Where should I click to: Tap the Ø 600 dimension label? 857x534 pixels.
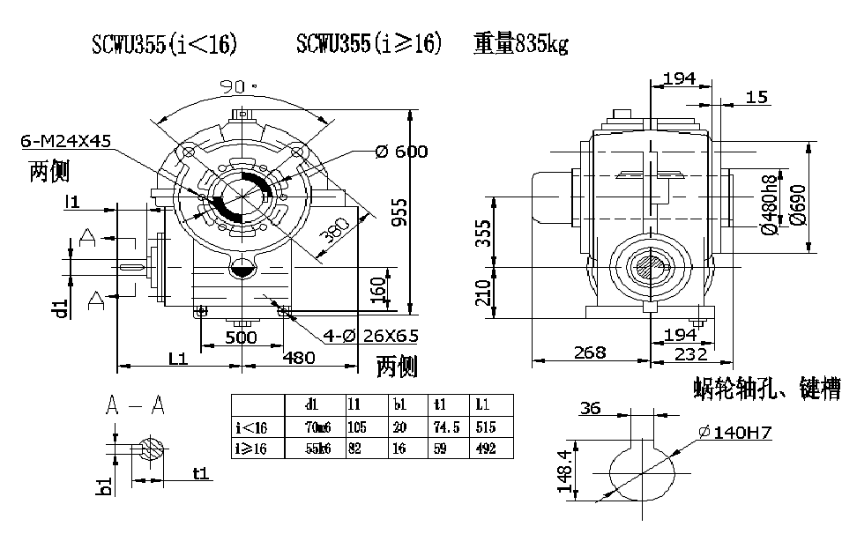point(401,152)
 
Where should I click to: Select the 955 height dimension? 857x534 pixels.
point(400,212)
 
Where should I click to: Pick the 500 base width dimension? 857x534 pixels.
point(241,337)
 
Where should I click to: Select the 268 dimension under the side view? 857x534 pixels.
point(590,352)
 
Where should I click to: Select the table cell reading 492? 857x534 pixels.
point(488,449)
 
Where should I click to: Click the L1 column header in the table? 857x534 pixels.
point(483,405)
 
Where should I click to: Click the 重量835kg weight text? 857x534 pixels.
point(520,44)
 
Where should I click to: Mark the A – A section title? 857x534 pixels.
point(134,405)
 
